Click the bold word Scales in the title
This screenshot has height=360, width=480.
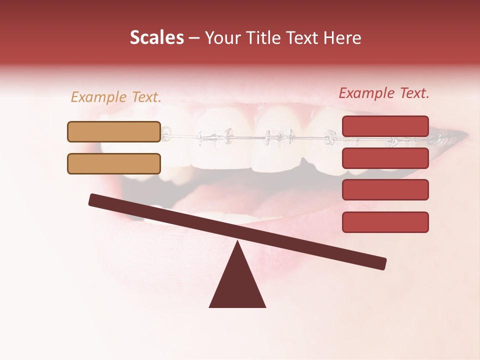click(156, 38)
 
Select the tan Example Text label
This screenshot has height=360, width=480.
click(115, 97)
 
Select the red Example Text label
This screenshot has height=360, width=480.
click(384, 93)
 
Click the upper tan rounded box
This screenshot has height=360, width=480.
click(114, 131)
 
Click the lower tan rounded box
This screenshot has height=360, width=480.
click(114, 163)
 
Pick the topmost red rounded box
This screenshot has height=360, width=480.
click(385, 126)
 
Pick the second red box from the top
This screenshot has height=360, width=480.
click(385, 158)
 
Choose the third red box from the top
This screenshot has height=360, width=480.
click(385, 190)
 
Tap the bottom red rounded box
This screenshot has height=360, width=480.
click(385, 222)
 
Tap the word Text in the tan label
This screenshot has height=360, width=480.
click(146, 97)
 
